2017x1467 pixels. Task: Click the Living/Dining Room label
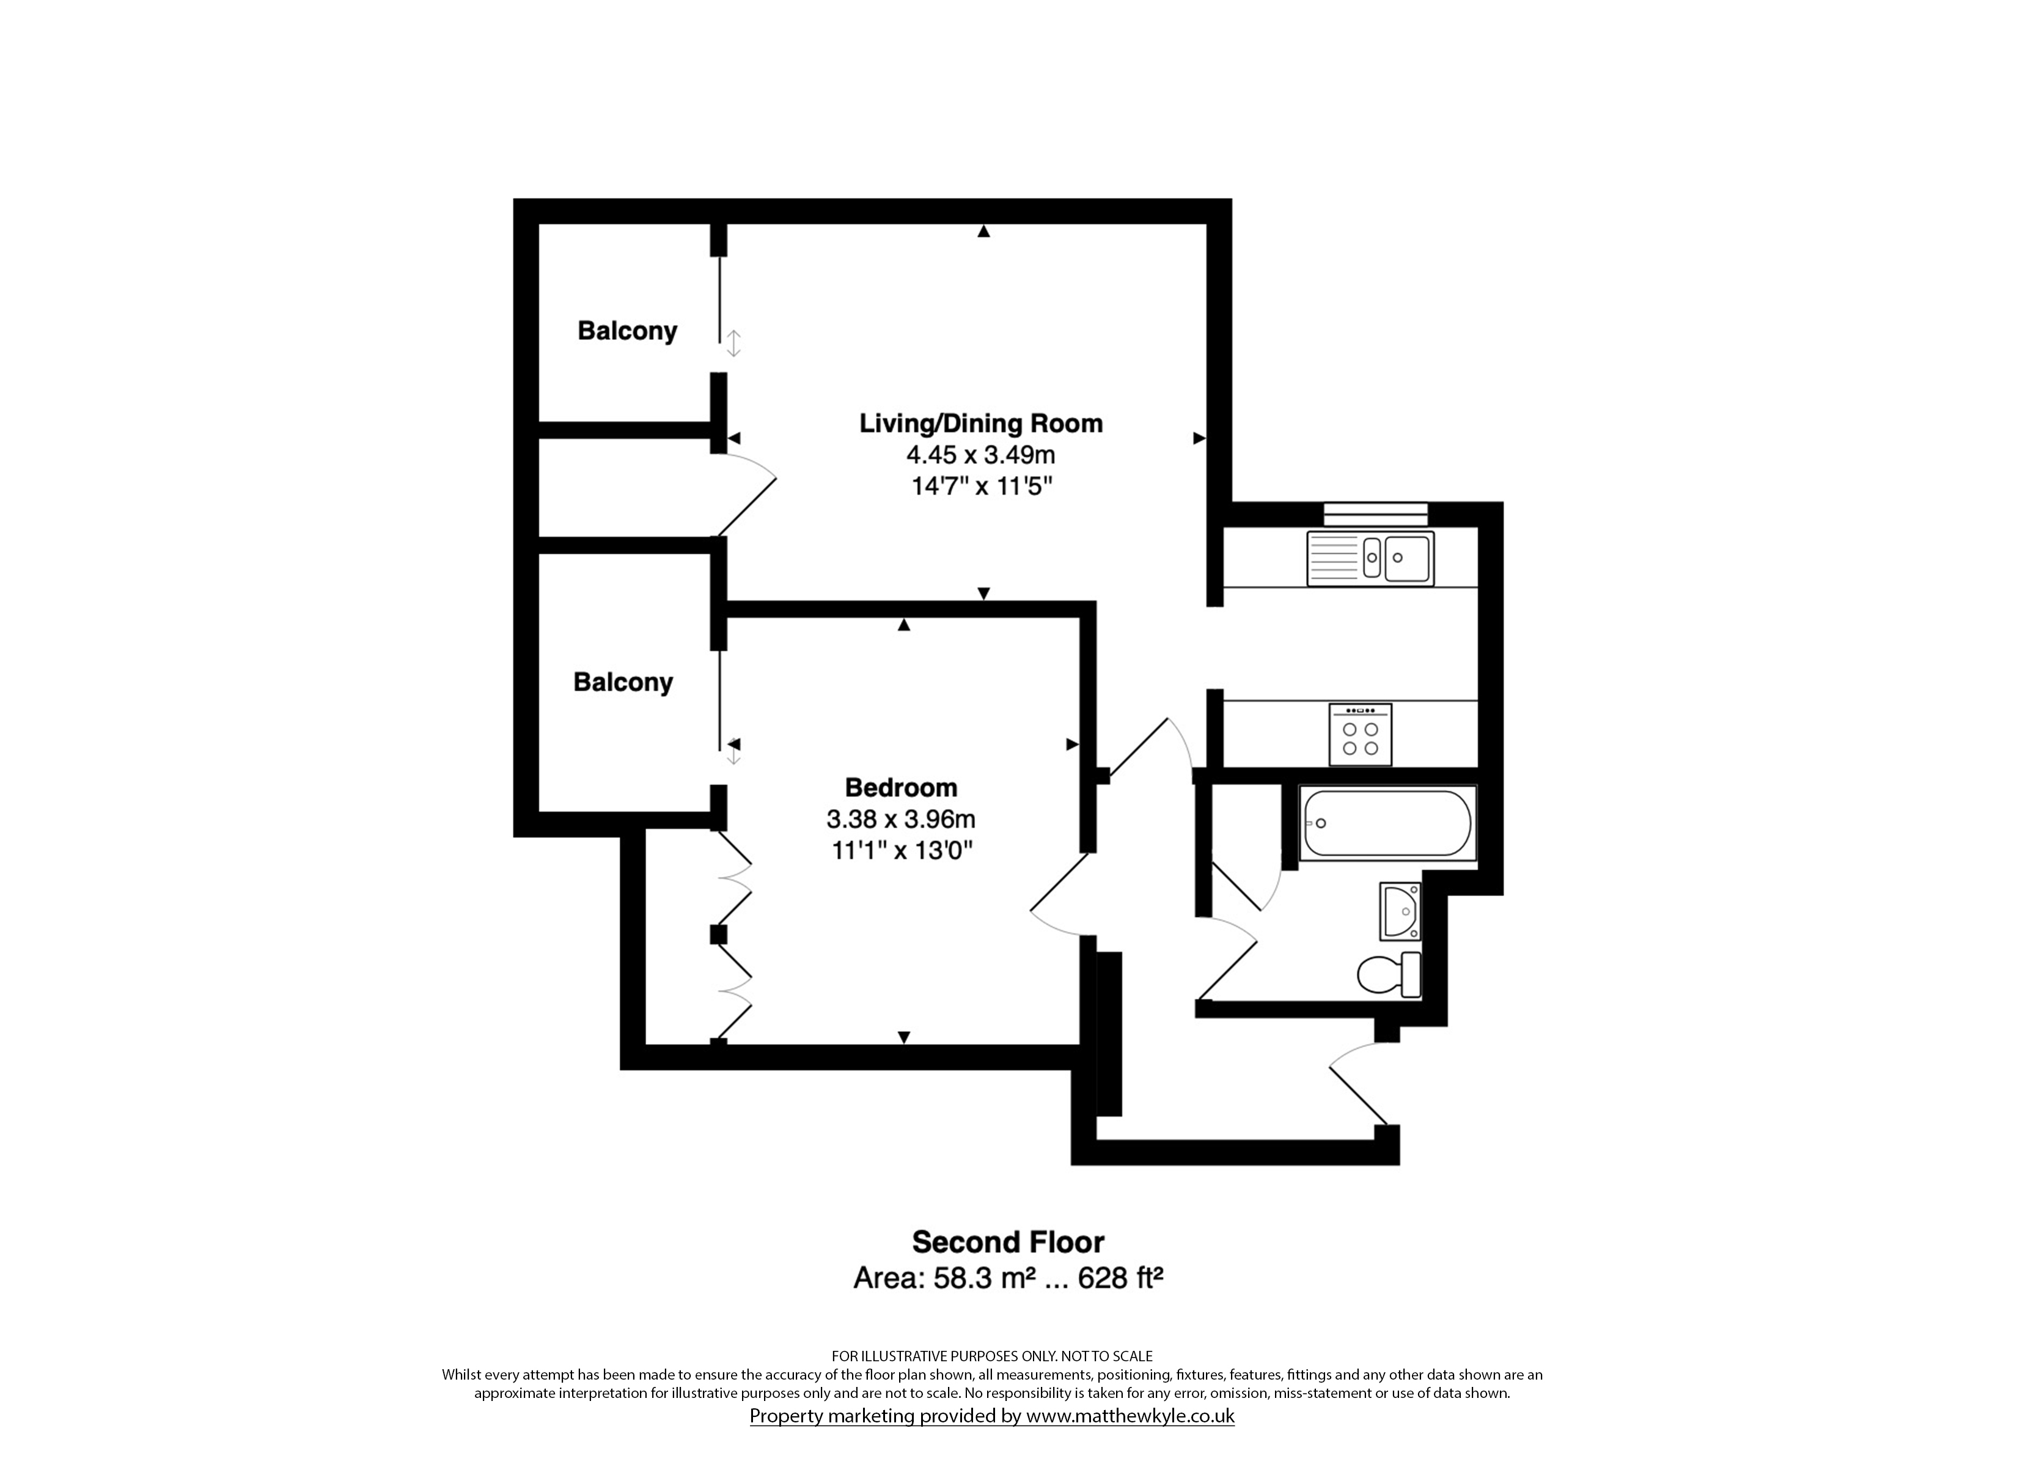click(981, 424)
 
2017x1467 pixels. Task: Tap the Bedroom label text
click(901, 787)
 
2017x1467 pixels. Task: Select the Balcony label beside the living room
click(627, 331)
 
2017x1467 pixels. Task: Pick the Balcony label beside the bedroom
click(623, 682)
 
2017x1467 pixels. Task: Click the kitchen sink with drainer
click(1370, 559)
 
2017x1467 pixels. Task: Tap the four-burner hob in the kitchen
click(1361, 734)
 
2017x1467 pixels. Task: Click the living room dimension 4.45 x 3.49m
click(981, 455)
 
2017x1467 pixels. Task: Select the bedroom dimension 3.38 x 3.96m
click(901, 818)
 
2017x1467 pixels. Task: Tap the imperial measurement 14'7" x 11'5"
click(981, 487)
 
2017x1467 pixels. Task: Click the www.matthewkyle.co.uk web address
click(1130, 1416)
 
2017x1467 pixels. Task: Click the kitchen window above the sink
click(1376, 514)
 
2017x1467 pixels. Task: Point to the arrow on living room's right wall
click(1199, 438)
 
